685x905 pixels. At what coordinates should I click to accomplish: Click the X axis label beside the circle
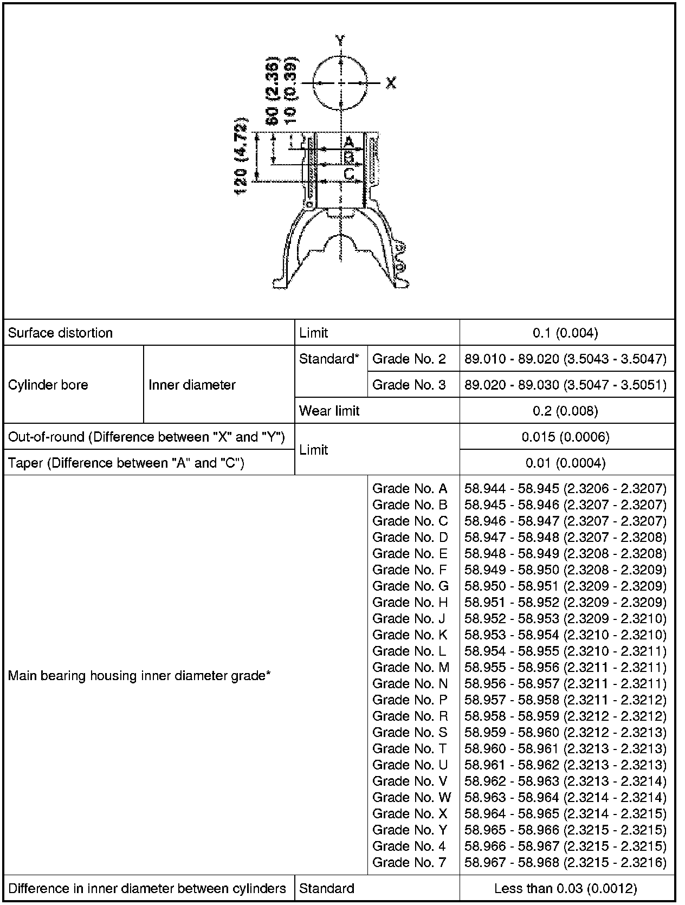click(391, 83)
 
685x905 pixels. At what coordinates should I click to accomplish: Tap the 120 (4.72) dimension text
click(241, 156)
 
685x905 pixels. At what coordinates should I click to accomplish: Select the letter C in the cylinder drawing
click(349, 174)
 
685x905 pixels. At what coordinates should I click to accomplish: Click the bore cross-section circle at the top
click(340, 83)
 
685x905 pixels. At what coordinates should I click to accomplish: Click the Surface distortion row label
click(60, 333)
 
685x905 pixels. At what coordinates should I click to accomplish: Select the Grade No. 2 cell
click(409, 359)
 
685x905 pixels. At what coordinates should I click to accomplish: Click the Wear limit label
click(329, 411)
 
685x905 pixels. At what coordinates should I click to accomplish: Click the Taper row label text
click(126, 463)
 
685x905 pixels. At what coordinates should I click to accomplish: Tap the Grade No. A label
click(410, 489)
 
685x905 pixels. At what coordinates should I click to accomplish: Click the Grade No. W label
click(411, 797)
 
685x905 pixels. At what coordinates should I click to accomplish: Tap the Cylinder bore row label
click(48, 385)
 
